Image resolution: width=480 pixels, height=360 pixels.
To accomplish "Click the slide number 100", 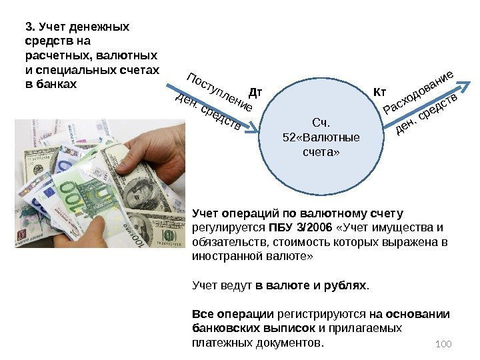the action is click(x=443, y=343).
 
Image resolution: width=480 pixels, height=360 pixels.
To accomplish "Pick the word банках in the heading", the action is click(x=56, y=85).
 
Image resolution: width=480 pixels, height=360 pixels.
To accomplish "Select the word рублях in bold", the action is click(x=345, y=286).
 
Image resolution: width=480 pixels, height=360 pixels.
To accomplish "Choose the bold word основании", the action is click(x=418, y=314).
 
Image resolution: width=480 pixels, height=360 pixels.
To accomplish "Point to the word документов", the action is click(x=291, y=343).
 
